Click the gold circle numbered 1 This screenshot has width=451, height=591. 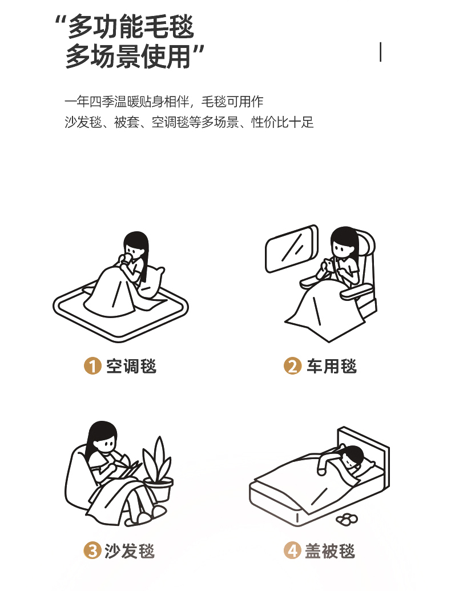(92, 366)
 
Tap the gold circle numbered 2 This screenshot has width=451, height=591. (292, 366)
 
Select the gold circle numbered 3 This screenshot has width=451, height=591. (92, 550)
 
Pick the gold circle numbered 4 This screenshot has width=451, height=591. (292, 550)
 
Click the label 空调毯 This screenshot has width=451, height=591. (131, 367)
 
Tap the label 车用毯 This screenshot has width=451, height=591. (332, 367)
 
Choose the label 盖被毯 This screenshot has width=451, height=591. (330, 551)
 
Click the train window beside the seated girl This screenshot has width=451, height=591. (292, 248)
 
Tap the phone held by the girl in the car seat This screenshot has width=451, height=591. (329, 264)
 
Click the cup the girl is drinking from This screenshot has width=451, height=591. (127, 259)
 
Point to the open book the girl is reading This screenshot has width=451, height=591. (127, 468)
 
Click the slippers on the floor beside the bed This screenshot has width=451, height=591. (347, 519)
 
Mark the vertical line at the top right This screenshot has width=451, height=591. (381, 52)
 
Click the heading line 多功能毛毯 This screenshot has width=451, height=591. (125, 26)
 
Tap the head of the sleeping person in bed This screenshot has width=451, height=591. (353, 456)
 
